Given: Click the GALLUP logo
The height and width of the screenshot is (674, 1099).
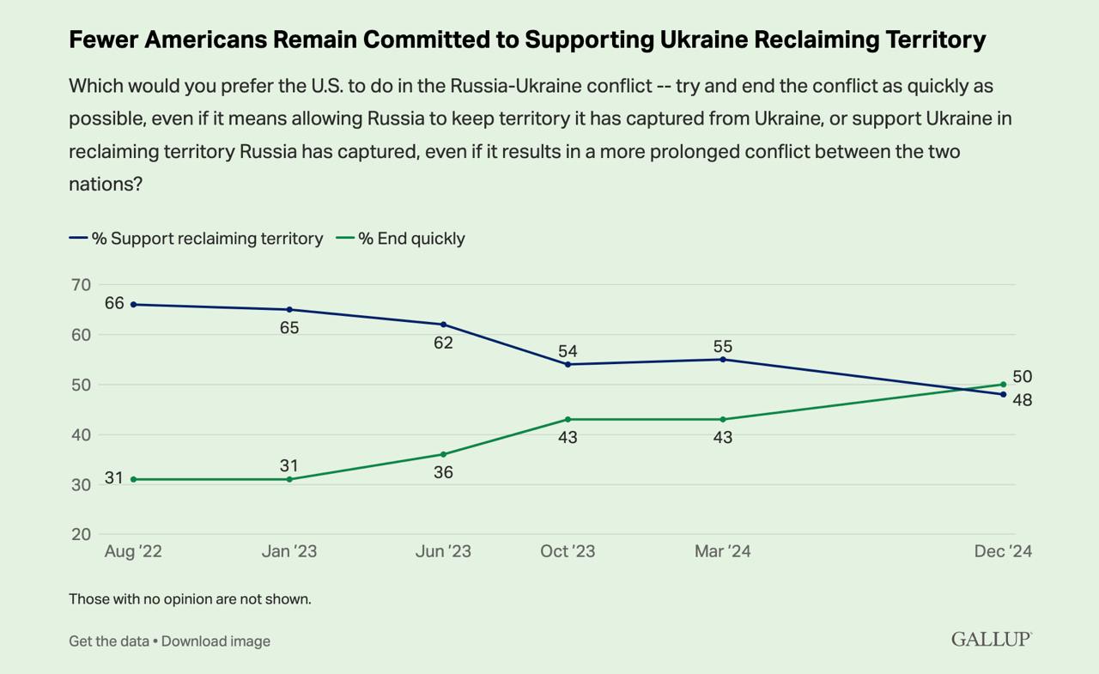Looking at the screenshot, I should pyautogui.click(x=991, y=639).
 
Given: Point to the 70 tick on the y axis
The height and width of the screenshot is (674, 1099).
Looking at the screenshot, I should pyautogui.click(x=81, y=285).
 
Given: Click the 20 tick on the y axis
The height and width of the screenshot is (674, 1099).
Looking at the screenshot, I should pyautogui.click(x=81, y=534).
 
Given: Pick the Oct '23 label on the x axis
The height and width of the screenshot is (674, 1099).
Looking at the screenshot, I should pyautogui.click(x=568, y=551).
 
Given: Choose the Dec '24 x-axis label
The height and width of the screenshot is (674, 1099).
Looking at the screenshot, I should pyautogui.click(x=1002, y=551).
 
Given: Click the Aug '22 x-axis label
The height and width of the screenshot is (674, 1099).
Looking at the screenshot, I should pyautogui.click(x=133, y=551).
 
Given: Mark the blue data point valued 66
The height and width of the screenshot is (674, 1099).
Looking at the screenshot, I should pyautogui.click(x=134, y=305).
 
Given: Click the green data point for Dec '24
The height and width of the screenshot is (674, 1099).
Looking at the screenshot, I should pyautogui.click(x=1003, y=385).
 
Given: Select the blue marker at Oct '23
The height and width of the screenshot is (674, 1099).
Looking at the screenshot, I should pyautogui.click(x=568, y=364).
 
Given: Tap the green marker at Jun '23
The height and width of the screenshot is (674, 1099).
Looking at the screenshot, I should pyautogui.click(x=443, y=454).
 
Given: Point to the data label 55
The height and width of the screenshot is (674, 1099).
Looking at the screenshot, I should pyautogui.click(x=723, y=346).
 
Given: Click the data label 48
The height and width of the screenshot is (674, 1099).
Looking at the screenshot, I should pyautogui.click(x=1022, y=400).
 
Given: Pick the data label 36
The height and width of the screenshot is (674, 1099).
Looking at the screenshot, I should pyautogui.click(x=443, y=472).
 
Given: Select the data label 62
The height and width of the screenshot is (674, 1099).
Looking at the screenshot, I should pyautogui.click(x=443, y=343).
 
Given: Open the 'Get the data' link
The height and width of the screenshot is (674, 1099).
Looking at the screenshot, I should pyautogui.click(x=108, y=641).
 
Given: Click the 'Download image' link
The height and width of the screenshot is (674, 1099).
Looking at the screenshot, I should pyautogui.click(x=216, y=641).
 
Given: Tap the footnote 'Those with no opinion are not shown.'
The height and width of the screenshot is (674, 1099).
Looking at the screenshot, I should pyautogui.click(x=190, y=599).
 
